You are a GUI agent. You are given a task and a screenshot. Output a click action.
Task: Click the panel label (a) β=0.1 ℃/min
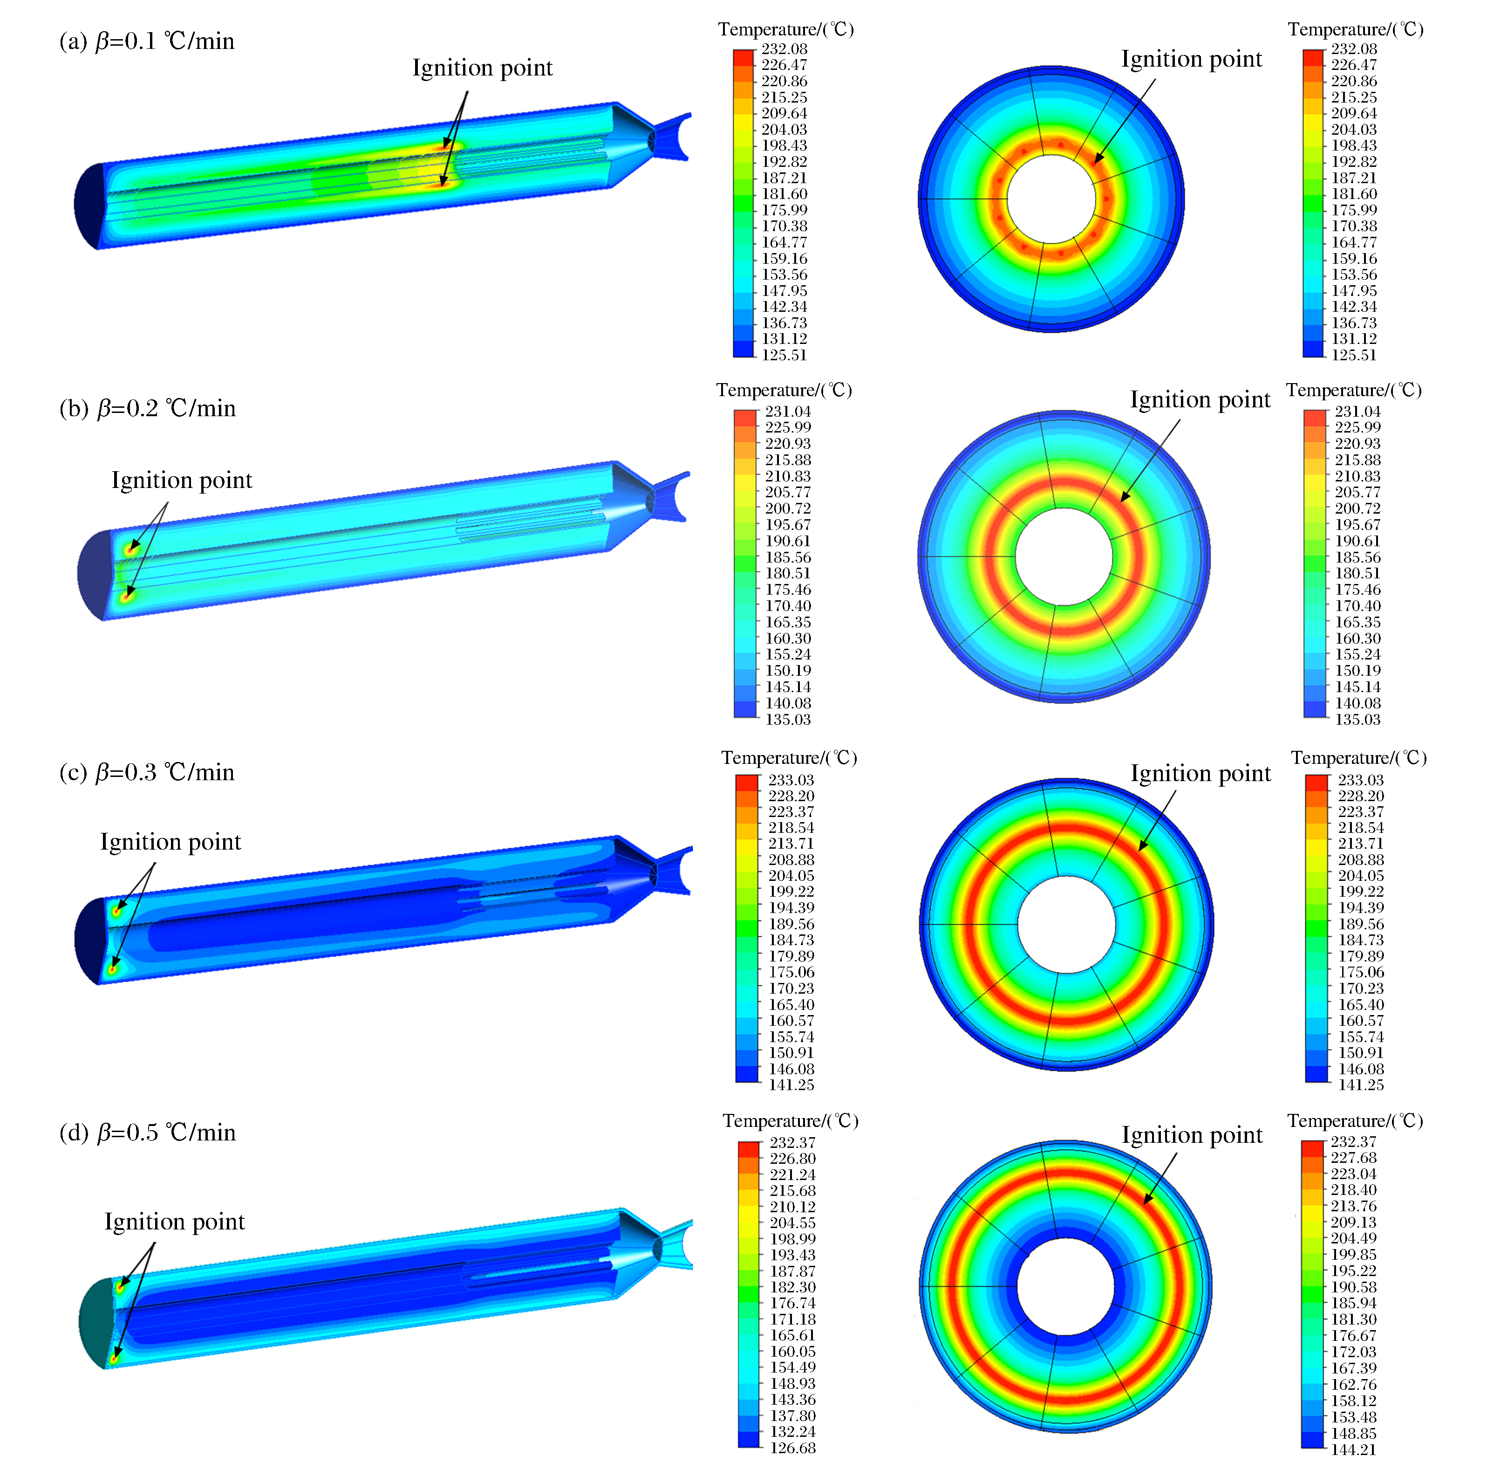[x=147, y=41]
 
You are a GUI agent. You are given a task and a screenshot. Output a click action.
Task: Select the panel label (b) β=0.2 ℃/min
[x=148, y=408]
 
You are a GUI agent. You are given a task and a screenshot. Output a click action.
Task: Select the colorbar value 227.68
[x=1354, y=1158]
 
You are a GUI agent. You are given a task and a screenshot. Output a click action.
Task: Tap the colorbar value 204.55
[x=793, y=1223]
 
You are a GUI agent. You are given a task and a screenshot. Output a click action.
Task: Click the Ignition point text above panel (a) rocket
[x=483, y=69]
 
